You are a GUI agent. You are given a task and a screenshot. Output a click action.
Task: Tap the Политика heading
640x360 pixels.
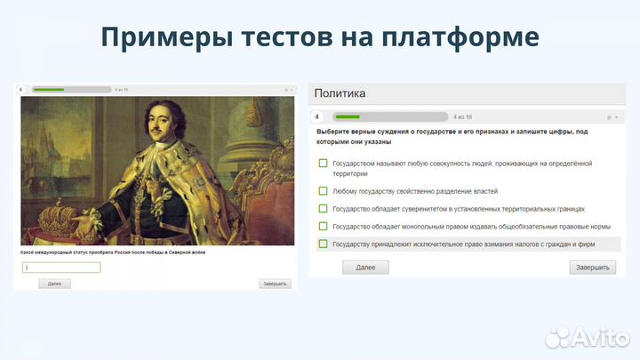340,92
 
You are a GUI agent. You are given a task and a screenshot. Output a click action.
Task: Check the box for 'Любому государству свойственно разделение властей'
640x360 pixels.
324,191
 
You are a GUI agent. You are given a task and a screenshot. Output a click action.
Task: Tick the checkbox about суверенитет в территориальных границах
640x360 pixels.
324,209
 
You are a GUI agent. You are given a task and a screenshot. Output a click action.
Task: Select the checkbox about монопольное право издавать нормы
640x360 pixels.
324,226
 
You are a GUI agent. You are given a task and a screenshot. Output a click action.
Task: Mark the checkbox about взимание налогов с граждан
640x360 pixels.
324,244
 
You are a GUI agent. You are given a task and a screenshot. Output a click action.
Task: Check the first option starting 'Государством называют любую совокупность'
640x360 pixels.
324,164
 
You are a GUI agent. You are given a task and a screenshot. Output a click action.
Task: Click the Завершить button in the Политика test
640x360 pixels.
592,268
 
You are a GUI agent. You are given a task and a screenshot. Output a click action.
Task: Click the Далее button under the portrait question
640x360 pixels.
54,284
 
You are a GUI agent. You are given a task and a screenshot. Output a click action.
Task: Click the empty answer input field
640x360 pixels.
61,267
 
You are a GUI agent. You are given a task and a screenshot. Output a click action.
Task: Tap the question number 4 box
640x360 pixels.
316,116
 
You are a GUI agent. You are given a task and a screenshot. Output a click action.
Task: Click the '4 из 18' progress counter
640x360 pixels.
462,116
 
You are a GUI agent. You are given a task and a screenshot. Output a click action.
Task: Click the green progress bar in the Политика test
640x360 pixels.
348,116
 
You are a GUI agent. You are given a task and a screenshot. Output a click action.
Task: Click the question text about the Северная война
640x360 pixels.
112,252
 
